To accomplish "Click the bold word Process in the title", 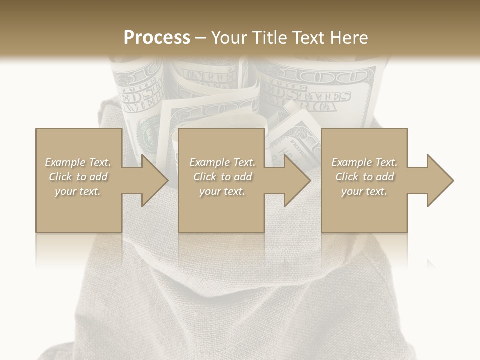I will (157, 37).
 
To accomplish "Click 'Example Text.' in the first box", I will (78, 162).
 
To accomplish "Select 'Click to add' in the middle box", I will (222, 177).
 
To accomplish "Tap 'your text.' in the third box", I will (364, 191).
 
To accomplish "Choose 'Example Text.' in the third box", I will (364, 162).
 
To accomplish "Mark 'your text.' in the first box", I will (78, 191).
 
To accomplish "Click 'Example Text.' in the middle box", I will (222, 162).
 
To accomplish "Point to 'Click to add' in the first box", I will (78, 177).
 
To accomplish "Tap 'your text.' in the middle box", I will (222, 191).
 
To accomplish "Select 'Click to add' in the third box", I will (364, 177).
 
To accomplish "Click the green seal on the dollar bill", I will (147, 134).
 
